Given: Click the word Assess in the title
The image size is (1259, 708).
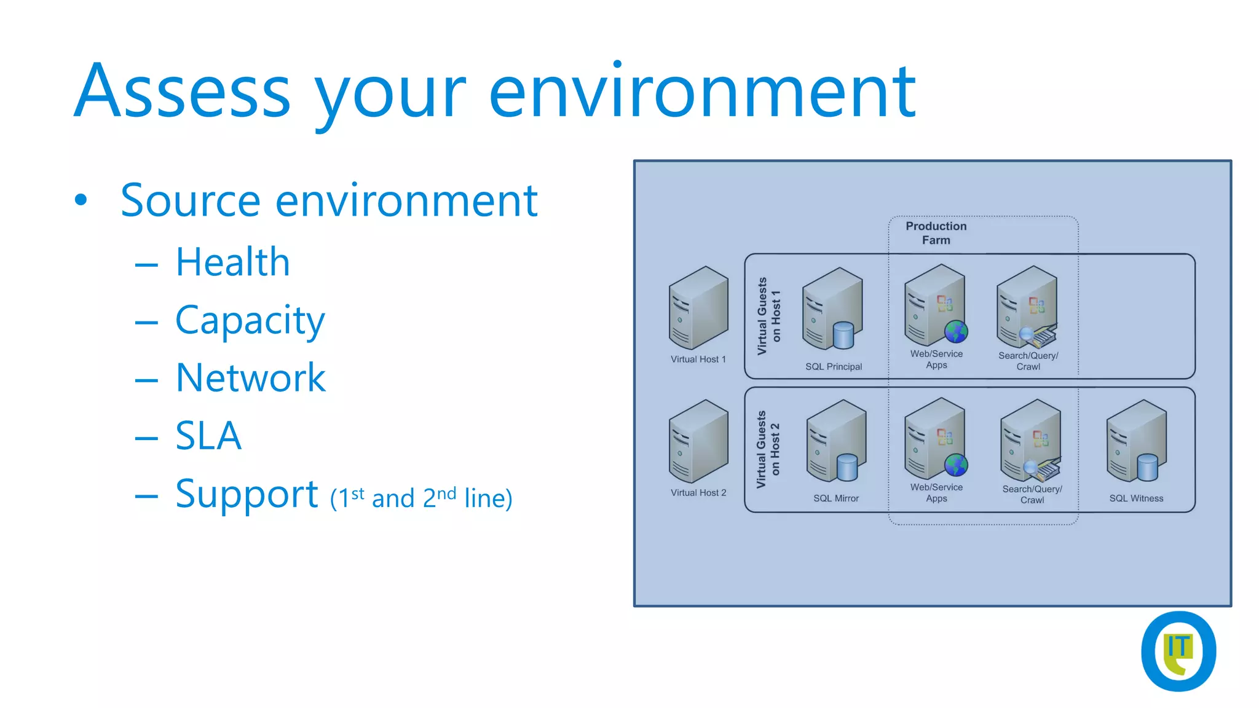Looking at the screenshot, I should click(x=182, y=91).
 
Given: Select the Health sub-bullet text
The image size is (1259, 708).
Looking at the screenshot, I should click(x=232, y=262).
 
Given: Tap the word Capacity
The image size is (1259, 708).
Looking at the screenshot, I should click(x=250, y=321).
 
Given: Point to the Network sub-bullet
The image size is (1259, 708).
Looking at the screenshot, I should click(x=250, y=377).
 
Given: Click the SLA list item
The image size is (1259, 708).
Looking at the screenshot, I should click(x=208, y=436).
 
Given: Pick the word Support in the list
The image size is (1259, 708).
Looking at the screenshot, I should click(x=247, y=494).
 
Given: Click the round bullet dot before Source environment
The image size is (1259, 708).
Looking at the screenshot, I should click(x=81, y=200).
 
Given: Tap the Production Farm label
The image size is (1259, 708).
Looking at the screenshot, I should click(x=936, y=233).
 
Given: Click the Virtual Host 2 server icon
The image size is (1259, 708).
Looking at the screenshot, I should click(x=698, y=441).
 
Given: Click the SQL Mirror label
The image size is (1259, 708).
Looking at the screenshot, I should click(x=835, y=498).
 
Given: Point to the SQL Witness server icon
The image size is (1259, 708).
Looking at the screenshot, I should click(x=1135, y=441).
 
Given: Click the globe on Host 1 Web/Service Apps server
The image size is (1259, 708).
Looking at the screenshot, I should click(x=956, y=332).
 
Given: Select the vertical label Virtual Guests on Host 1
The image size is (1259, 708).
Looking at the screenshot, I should click(x=768, y=316).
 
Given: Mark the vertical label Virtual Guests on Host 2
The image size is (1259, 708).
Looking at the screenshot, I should click(x=768, y=449).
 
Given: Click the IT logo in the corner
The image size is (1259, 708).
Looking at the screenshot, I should click(x=1178, y=651).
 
